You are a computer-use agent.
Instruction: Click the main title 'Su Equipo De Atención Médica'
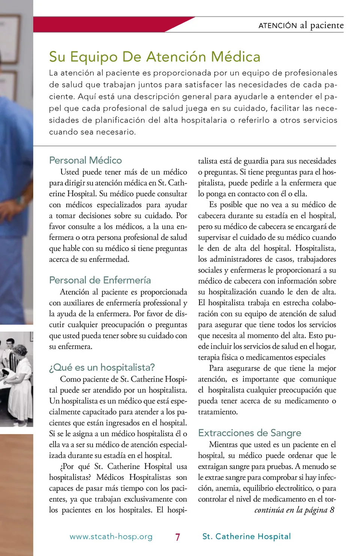point(154,57)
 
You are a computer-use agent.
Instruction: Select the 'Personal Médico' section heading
point(85,160)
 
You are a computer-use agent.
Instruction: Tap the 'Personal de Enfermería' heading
point(100,280)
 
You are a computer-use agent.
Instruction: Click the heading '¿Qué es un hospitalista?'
point(102,367)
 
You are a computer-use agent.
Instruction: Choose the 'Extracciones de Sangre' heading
point(249,433)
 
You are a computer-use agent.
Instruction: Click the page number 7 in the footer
point(178,537)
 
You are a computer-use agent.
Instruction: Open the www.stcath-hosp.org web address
point(111,537)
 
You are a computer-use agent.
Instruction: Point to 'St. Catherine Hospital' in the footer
point(246,537)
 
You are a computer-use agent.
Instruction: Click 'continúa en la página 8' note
point(294,510)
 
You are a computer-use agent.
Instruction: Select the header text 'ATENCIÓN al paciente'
point(301,25)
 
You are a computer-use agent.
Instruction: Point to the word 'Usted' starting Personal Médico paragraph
point(70,172)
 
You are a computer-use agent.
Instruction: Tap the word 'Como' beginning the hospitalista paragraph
point(70,379)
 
